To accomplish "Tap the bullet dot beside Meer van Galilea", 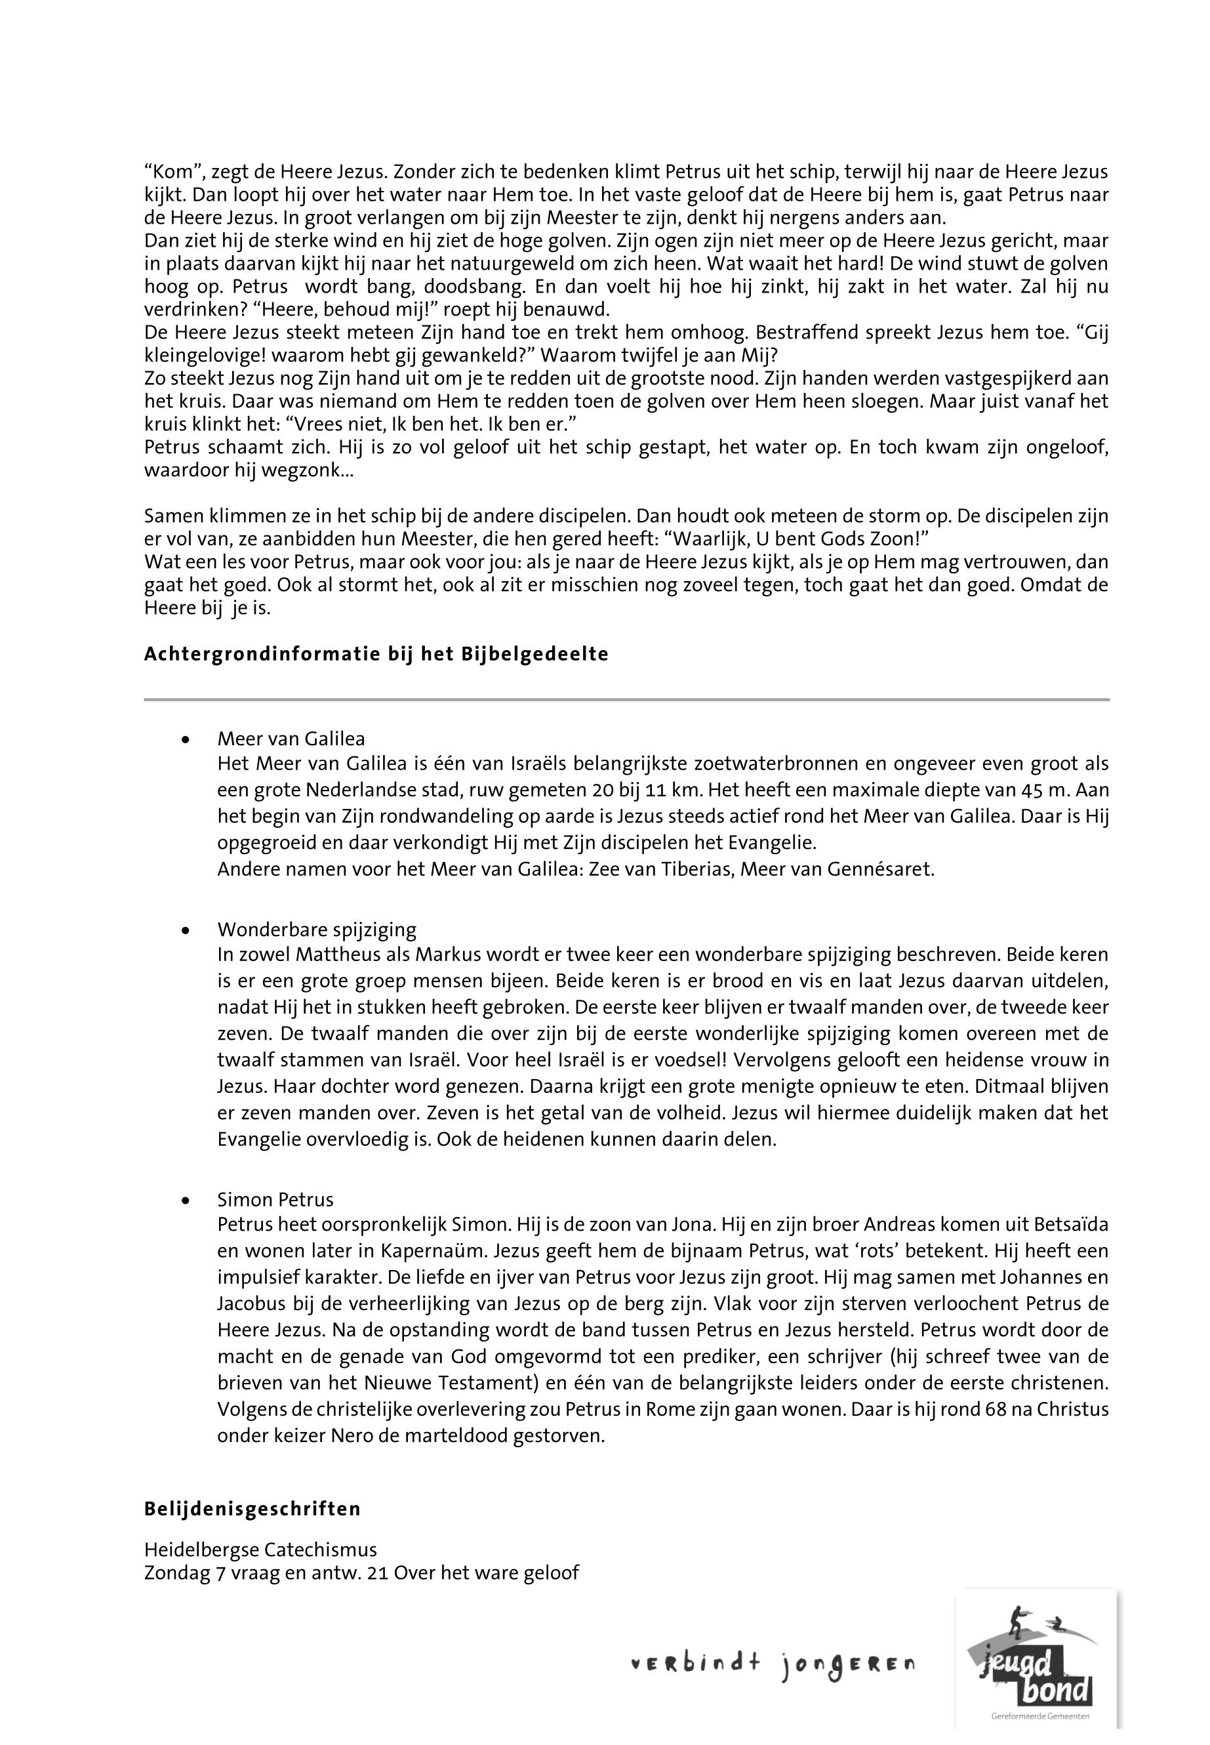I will [x=185, y=739].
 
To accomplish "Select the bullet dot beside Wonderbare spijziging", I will [x=185, y=930].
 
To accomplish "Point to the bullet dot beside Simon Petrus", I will [x=185, y=1200].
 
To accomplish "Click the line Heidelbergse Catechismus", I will [x=260, y=1550].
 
